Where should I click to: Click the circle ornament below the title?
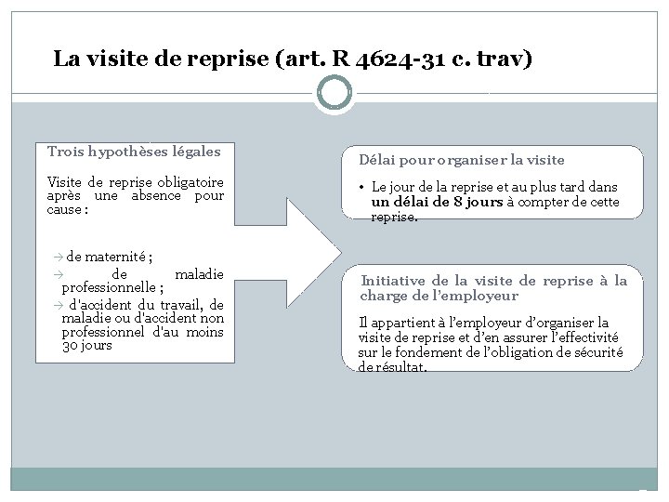[334, 94]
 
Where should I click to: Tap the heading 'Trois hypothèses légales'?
[134, 152]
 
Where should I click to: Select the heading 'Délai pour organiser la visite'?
[462, 160]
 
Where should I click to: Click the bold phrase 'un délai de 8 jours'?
[438, 202]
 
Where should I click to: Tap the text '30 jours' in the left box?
[86, 346]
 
